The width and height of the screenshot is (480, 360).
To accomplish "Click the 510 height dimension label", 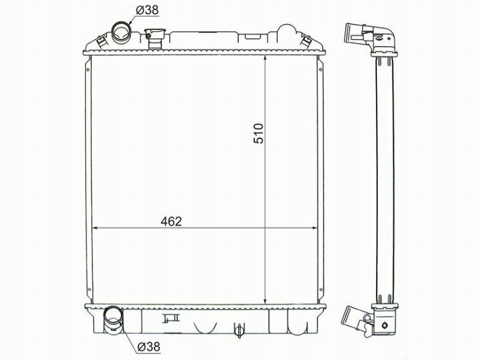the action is [259, 133].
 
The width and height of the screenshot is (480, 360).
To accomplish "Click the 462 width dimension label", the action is [171, 221].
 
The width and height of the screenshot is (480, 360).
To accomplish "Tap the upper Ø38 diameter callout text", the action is [147, 10].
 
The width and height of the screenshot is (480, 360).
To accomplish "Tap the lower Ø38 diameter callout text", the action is [149, 347].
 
